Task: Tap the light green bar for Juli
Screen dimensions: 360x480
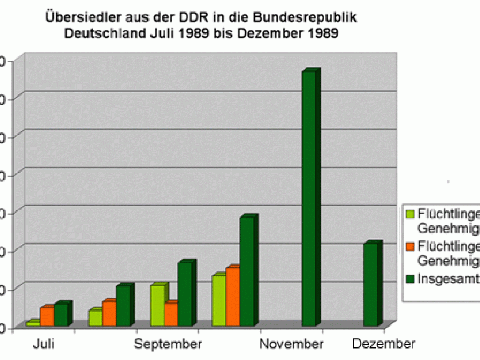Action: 33,323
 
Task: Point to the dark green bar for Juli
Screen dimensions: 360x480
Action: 61,315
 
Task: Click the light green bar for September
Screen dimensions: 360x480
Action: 158,305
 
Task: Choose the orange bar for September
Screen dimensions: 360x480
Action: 171,314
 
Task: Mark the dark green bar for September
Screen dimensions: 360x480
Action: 185,294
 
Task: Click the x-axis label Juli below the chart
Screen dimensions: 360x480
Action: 44,344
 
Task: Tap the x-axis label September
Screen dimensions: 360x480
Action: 168,344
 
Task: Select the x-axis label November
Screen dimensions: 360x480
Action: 292,344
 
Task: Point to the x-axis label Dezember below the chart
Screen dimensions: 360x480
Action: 383,344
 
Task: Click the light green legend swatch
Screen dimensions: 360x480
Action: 410,214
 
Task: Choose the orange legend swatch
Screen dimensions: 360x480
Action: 410,246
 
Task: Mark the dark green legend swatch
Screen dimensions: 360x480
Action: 410,278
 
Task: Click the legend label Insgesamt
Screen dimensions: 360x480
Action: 448,278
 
